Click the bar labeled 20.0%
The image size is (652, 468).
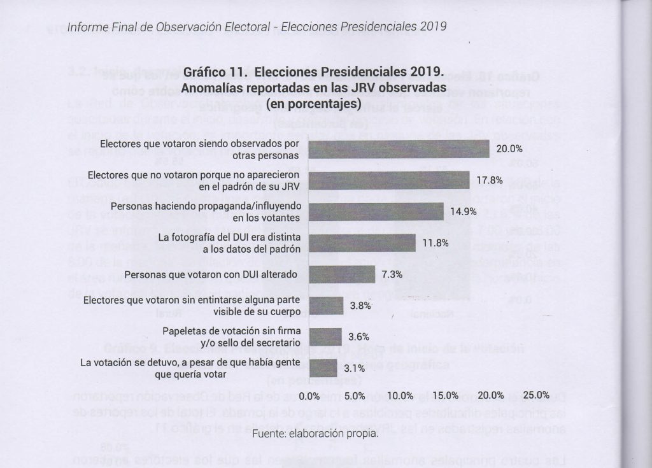point(399,149)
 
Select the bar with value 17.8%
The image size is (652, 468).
point(389,180)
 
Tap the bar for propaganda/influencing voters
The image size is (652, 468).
point(376,211)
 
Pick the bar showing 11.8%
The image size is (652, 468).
point(362,243)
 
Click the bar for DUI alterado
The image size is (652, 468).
point(342,274)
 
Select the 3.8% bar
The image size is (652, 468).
point(326,306)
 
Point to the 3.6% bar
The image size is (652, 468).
point(325,336)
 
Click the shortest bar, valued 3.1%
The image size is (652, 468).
point(323,367)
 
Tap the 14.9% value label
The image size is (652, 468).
point(464,211)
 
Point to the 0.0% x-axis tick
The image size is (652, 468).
point(309,395)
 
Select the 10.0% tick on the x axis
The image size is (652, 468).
point(401,395)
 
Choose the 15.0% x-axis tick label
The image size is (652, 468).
point(446,395)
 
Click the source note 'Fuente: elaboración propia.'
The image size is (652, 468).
point(315,434)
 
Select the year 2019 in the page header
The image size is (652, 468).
point(433,27)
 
